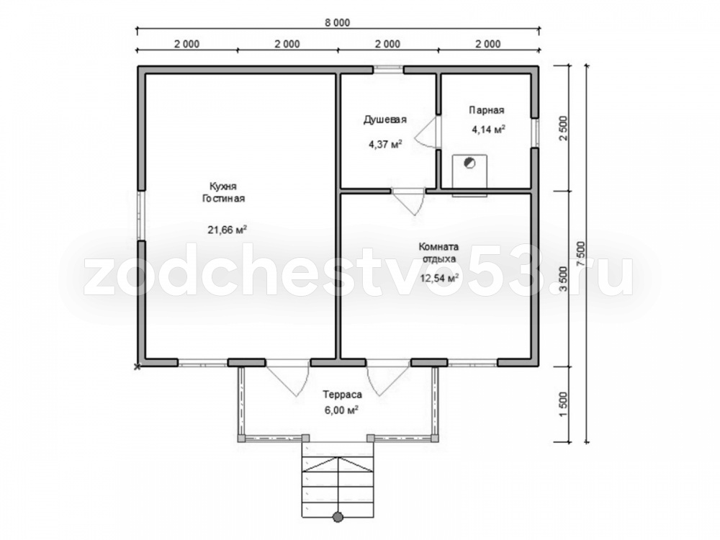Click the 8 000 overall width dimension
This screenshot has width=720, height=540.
[338, 22]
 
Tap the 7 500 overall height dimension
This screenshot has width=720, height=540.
[580, 253]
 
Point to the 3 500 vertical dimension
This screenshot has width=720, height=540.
[564, 279]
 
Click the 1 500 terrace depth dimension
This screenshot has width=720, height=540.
[564, 405]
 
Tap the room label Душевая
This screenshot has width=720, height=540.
[384, 120]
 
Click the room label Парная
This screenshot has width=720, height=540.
[486, 110]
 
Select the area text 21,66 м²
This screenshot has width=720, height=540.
[228, 230]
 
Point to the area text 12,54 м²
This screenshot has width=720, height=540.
[439, 278]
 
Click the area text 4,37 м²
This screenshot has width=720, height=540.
[385, 145]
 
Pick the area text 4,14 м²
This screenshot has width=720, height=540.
[489, 130]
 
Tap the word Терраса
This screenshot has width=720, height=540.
[342, 395]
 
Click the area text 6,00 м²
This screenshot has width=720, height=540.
[341, 410]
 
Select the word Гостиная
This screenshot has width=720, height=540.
[224, 199]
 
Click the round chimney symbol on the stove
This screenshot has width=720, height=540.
[469, 163]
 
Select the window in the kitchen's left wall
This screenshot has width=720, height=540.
[141, 215]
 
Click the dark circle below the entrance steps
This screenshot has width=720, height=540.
[338, 517]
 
